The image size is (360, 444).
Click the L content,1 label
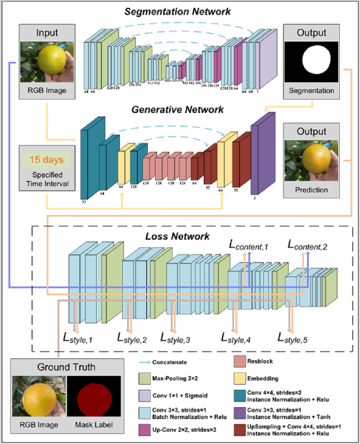point(249,245)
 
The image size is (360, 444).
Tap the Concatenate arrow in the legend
point(146,362)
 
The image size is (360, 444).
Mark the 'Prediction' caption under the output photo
point(311,190)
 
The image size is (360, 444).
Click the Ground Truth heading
point(66,367)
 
